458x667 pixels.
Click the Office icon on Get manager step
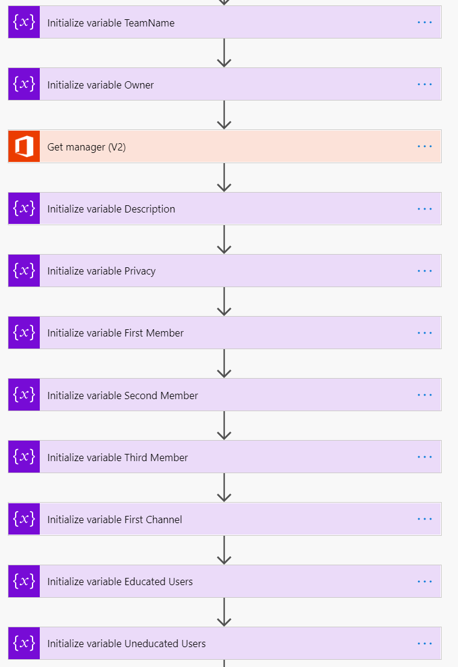[x=24, y=146]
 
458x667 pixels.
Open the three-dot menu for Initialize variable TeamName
[x=425, y=22]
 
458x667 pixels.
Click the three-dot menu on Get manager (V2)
[x=425, y=146]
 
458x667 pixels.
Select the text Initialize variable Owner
[x=100, y=85]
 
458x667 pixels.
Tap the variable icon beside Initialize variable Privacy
[x=24, y=271]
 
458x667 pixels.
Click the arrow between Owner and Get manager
[x=224, y=115]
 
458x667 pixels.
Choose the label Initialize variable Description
[x=111, y=209]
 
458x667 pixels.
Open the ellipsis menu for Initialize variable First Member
[x=425, y=332]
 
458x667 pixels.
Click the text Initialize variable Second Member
[x=122, y=396]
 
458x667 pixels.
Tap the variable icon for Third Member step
[x=24, y=457]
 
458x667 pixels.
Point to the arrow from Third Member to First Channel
[x=224, y=488]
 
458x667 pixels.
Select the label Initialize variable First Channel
[x=114, y=520]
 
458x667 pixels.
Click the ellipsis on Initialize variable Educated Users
[x=425, y=582]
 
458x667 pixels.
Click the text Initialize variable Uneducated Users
[x=126, y=644]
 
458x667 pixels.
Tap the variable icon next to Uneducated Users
[x=24, y=644]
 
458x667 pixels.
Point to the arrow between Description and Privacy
[x=224, y=240]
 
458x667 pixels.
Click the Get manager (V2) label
[x=86, y=147]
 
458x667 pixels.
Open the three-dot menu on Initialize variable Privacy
[x=425, y=271]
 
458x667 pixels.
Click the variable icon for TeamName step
[x=24, y=22]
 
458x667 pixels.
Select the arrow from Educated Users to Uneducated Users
[x=224, y=612]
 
